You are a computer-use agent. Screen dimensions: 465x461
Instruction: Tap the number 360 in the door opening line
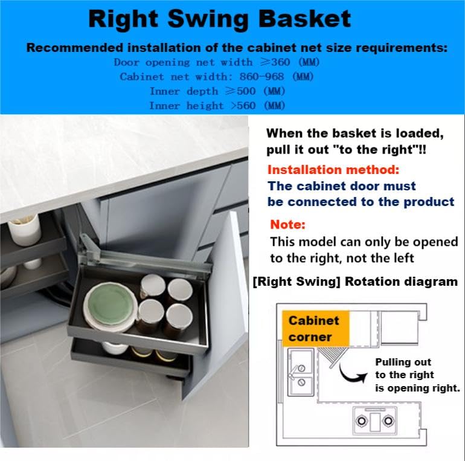pos(280,62)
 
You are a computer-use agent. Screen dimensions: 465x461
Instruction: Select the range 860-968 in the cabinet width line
pos(261,77)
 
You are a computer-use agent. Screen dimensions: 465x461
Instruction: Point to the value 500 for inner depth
pos(246,91)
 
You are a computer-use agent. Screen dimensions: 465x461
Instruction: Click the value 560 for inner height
pos(246,106)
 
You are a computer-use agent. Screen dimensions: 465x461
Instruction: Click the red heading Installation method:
pos(333,170)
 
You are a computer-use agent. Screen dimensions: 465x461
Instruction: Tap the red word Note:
pos(287,225)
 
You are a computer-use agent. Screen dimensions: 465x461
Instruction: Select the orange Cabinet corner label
pos(315,329)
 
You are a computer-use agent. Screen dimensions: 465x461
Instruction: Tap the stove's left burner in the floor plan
pos(362,421)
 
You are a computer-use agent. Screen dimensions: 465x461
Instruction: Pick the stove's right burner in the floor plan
pos(388,421)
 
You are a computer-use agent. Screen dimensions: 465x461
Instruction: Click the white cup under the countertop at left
pos(25,231)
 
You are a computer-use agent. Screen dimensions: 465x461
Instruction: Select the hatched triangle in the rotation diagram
pos(333,355)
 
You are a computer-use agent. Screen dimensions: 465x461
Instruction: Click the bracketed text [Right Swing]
pos(297,282)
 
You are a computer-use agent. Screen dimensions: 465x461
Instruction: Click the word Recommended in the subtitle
pos(75,48)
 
